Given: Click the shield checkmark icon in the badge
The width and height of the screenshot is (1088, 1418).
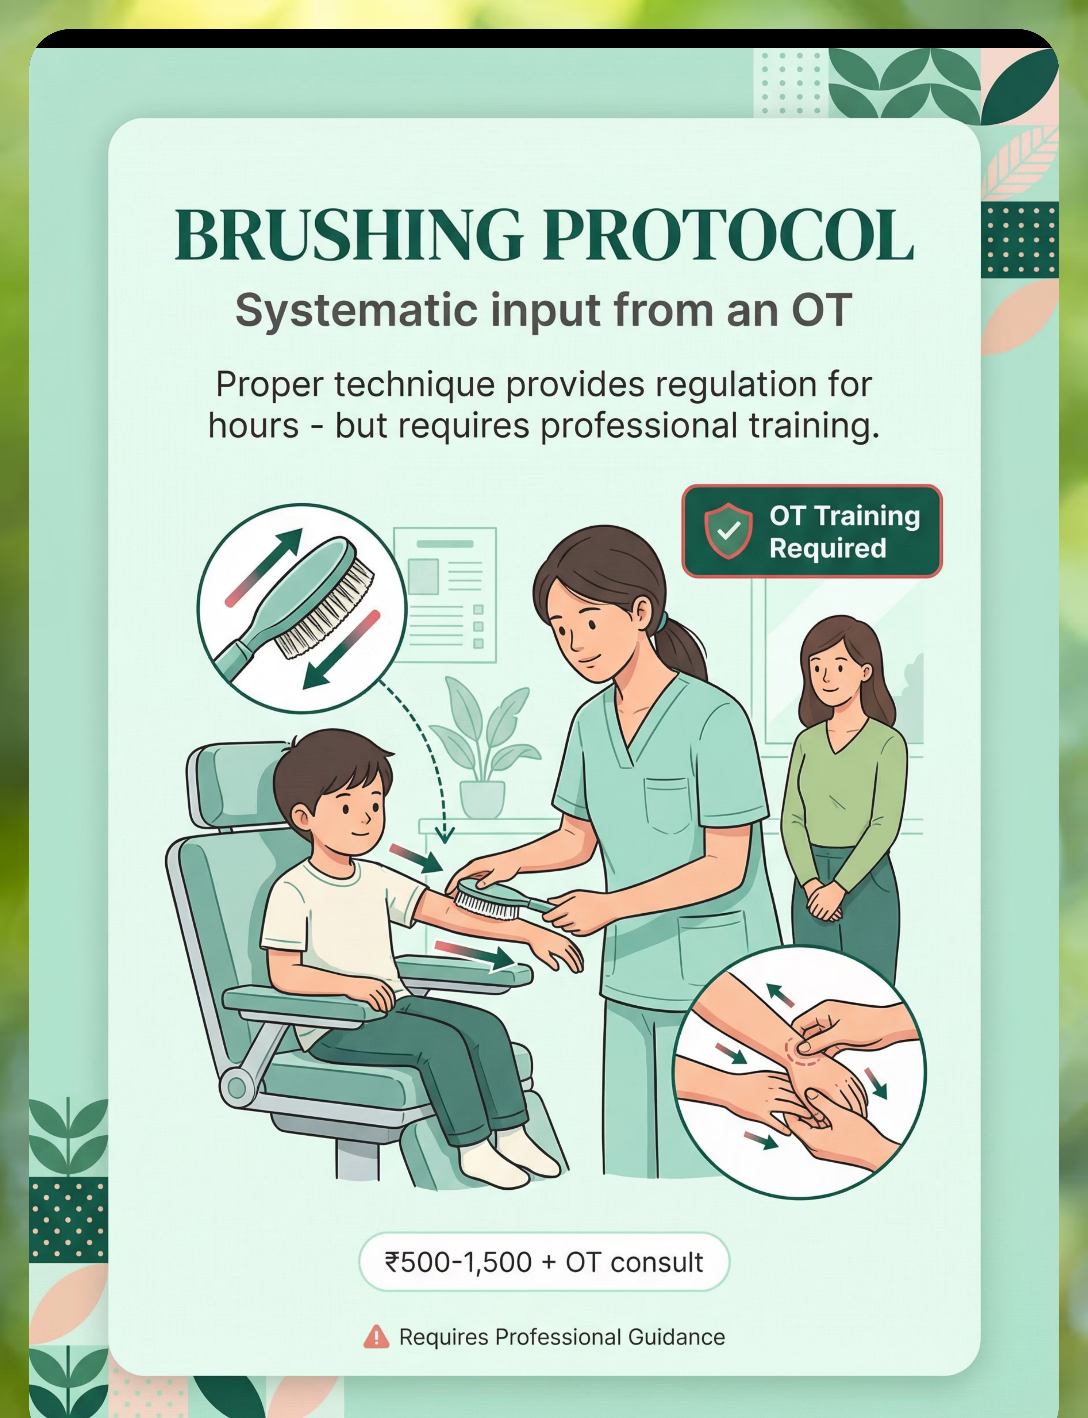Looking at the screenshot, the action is coord(729,531).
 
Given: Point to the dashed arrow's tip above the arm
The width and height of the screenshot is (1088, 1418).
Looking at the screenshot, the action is coord(444,842).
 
